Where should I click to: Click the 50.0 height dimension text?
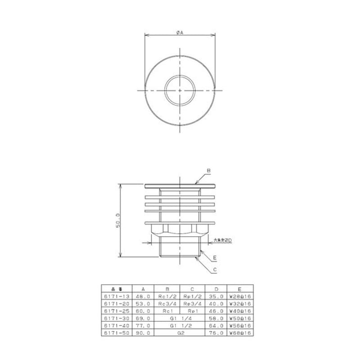tap(118, 220)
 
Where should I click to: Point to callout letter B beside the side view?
tap(208, 171)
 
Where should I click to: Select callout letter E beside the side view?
tap(215, 258)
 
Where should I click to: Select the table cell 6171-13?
tap(117, 297)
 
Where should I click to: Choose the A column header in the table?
tap(143, 290)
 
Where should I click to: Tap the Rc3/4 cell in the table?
tap(167, 304)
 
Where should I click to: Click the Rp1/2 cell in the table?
tap(192, 297)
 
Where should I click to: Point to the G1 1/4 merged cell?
tap(180, 318)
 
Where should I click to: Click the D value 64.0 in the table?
tap(216, 325)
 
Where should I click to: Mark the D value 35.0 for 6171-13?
tap(216, 297)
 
